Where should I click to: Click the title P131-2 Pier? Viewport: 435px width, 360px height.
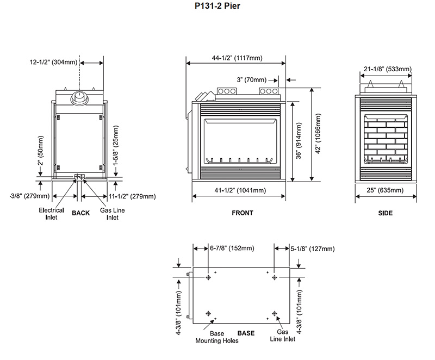217,6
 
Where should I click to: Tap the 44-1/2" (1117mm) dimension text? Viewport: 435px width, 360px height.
237,58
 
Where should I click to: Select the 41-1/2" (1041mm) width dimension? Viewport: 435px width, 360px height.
240,190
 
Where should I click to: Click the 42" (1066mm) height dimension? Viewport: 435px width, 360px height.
318,133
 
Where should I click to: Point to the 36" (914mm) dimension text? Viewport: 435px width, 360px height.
299,141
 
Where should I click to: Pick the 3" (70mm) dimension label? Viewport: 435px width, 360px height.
251,80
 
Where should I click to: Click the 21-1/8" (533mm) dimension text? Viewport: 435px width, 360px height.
388,69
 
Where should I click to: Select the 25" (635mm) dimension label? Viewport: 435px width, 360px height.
385,190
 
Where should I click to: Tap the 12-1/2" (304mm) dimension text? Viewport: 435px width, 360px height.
53,62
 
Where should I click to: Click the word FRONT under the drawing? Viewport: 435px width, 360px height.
243,213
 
